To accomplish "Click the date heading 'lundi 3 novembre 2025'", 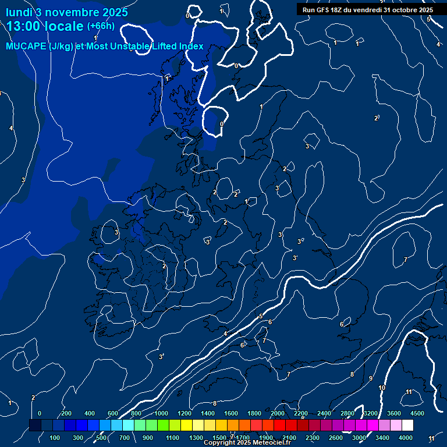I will point(67,12).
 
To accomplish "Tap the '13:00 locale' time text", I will point(45,26).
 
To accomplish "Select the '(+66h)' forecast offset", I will point(101,26).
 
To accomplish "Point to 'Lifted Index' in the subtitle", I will point(177,47).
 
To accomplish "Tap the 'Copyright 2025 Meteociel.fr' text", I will point(244,443).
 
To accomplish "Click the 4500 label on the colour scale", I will point(417,413).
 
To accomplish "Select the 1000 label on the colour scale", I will point(161,413).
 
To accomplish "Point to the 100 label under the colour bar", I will point(56,438).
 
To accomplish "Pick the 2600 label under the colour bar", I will point(336,438).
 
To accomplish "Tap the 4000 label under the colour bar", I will point(406,438).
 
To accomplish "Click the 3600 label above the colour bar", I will point(394,413).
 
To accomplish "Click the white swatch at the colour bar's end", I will point(407,425).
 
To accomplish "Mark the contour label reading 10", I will point(382,388).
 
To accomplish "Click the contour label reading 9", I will point(371,378).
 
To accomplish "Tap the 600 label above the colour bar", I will point(113,413).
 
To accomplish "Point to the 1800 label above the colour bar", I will point(254,413).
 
